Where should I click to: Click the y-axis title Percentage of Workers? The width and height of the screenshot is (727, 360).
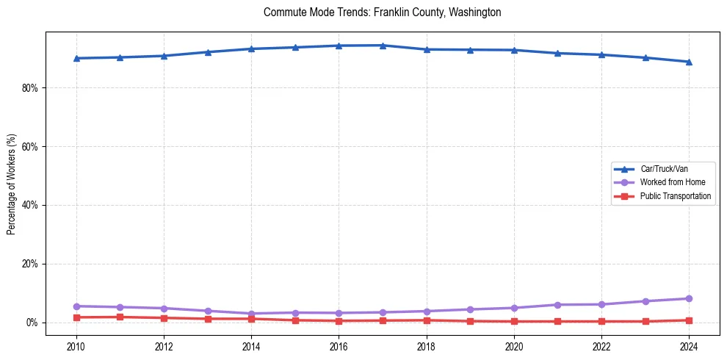click(11, 184)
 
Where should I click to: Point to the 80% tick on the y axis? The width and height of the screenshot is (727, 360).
click(30, 87)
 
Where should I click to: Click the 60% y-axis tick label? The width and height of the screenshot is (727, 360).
click(30, 146)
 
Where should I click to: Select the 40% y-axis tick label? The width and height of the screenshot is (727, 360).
click(30, 205)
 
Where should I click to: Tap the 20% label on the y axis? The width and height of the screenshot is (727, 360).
click(30, 264)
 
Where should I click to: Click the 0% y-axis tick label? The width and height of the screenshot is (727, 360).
click(32, 323)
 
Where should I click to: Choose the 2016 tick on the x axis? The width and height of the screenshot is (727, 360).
click(339, 346)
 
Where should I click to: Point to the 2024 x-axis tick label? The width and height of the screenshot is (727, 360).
click(689, 346)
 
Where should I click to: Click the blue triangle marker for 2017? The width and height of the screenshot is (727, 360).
click(383, 46)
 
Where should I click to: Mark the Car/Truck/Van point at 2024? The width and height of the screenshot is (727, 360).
click(689, 62)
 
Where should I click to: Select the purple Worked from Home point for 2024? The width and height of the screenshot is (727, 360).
click(689, 298)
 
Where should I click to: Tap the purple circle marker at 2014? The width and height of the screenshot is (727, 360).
click(251, 314)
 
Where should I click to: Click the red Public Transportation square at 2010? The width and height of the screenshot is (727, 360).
click(76, 317)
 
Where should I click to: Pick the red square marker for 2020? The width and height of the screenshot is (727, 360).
click(514, 321)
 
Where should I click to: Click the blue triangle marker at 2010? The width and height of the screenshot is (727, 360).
click(76, 58)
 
